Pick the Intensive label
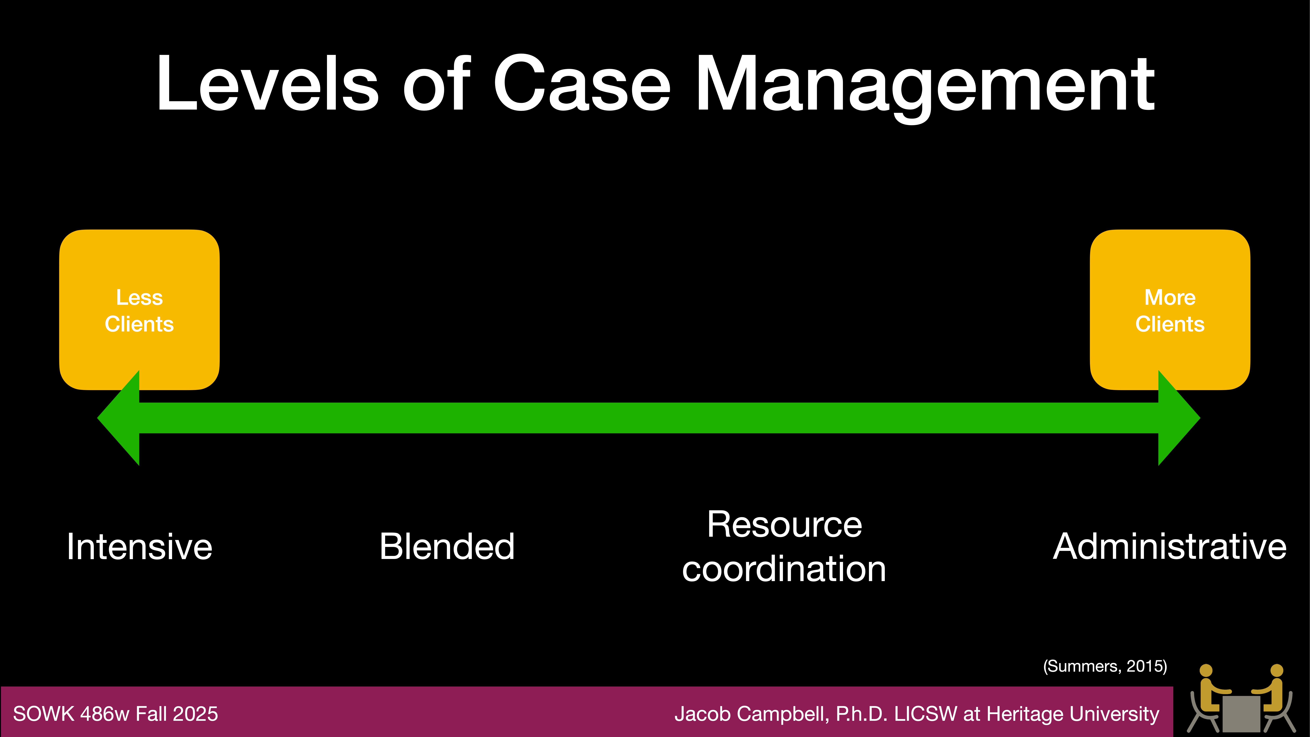pos(139,547)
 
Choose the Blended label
pos(447,547)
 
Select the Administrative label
pos(1169,547)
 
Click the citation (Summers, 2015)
pos(1105,666)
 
